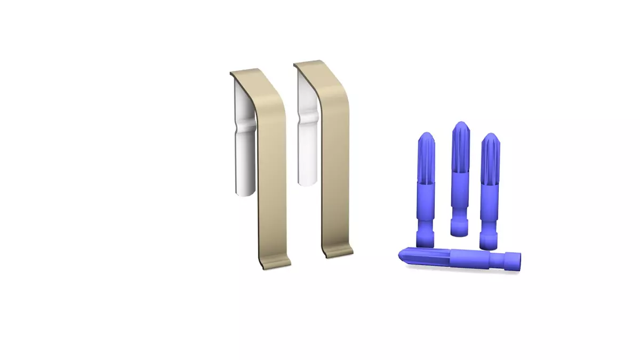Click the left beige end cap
coord(271,176)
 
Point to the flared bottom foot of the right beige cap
coord(339,251)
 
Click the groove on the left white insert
coord(246,126)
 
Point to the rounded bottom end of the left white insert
coord(245,191)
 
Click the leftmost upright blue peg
coord(425,187)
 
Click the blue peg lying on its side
coord(459,259)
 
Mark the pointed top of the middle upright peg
coord(460,128)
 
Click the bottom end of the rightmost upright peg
coord(488,243)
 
